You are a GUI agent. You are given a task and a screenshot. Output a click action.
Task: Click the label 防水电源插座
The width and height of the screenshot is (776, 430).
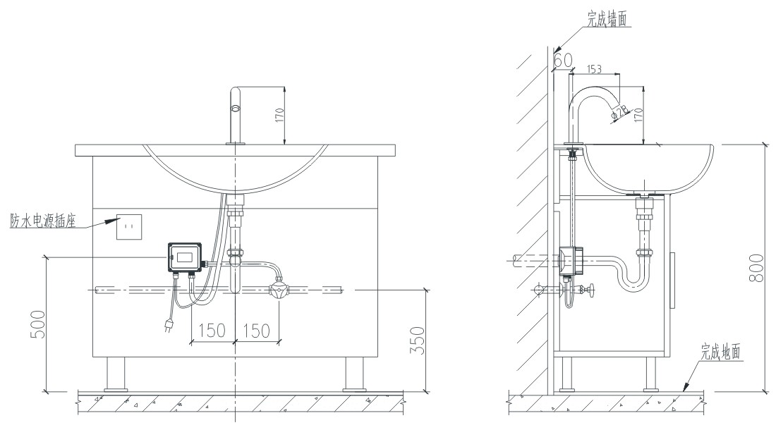(43, 221)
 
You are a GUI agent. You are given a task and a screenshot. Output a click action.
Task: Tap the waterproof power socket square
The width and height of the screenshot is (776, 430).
(129, 227)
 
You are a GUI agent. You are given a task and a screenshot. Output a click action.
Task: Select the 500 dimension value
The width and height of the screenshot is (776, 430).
(38, 325)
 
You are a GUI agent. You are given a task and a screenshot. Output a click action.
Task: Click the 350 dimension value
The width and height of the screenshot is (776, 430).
(418, 340)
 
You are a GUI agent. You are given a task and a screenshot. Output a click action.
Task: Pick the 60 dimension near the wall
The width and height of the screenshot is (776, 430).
(563, 61)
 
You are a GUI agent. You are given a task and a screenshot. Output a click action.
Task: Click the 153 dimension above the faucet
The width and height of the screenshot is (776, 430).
(595, 68)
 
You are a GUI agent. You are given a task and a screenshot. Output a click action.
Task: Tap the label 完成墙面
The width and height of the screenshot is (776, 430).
(607, 19)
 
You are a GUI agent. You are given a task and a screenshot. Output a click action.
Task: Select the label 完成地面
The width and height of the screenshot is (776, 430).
(720, 352)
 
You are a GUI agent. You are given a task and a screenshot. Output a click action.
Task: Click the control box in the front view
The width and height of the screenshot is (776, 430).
(185, 257)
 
